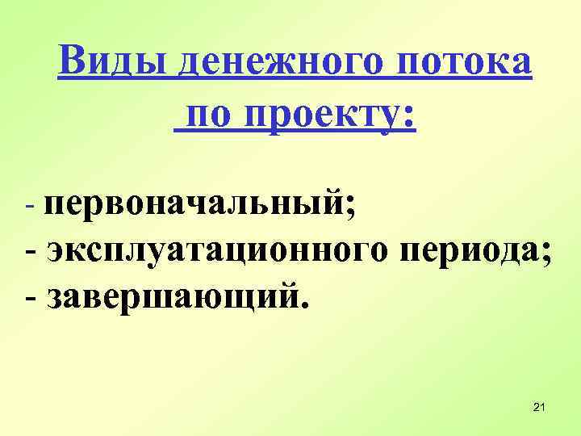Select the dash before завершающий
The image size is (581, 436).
(x=31, y=298)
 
